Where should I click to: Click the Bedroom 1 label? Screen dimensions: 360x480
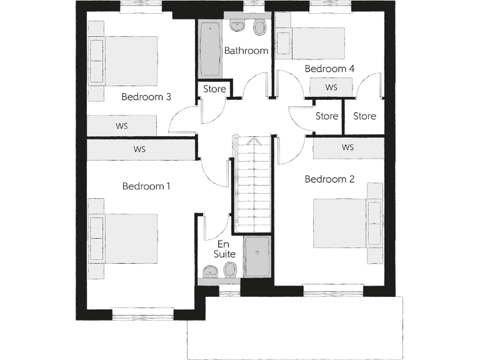(x=146, y=186)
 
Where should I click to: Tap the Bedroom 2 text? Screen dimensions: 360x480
(x=329, y=179)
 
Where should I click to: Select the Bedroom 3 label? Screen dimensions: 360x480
(x=146, y=97)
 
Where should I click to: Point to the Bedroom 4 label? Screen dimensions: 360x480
(x=329, y=68)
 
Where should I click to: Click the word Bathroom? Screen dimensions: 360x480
(x=246, y=51)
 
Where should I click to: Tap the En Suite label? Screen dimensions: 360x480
(x=226, y=249)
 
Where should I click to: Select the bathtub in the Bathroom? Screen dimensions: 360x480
(x=209, y=50)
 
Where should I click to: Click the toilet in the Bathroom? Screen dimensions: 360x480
(x=259, y=27)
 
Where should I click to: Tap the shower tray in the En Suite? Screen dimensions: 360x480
(x=256, y=256)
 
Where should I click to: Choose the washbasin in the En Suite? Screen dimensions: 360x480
(x=210, y=271)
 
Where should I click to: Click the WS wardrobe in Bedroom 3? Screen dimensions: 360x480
(x=121, y=126)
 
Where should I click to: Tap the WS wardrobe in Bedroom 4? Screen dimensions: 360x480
(x=331, y=87)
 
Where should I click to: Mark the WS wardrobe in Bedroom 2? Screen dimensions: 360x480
(x=348, y=147)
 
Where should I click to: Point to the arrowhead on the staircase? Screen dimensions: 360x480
(x=252, y=141)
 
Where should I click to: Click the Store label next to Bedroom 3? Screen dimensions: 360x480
(x=214, y=89)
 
